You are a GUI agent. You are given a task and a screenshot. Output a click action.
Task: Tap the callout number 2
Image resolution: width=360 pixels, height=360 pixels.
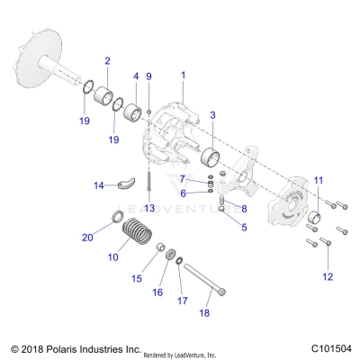pyautogui.click(x=107, y=61)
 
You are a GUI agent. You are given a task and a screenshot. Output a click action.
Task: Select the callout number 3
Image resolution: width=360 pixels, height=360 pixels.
pyautogui.click(x=212, y=115)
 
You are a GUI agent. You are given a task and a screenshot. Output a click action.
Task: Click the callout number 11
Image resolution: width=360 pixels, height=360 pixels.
pyautogui.click(x=316, y=181)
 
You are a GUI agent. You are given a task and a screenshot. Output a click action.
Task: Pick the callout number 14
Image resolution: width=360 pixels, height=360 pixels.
pyautogui.click(x=100, y=186)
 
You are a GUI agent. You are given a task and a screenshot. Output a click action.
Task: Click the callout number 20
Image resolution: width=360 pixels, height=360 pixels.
pyautogui.click(x=87, y=238)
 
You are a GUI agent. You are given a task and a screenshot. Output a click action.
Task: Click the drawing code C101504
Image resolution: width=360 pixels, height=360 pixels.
pyautogui.click(x=330, y=347)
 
